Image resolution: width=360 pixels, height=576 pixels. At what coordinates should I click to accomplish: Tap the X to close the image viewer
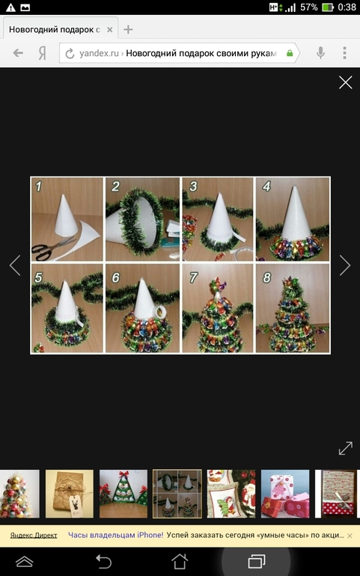click(x=345, y=82)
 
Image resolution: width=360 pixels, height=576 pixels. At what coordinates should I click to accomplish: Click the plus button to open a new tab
click(x=128, y=29)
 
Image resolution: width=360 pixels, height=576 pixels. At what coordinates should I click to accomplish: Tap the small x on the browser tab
click(x=109, y=30)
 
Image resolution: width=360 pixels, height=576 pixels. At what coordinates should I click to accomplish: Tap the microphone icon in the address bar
click(x=320, y=53)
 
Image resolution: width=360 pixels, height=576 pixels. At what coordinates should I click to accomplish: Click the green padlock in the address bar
click(x=290, y=53)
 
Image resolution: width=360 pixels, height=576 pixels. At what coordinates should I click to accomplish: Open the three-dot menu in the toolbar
click(x=344, y=53)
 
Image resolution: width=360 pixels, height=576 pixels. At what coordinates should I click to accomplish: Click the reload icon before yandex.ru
click(x=70, y=54)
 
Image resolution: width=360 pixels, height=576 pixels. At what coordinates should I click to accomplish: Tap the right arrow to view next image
click(x=345, y=265)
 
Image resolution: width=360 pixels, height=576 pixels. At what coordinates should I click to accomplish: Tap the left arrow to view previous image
click(x=15, y=265)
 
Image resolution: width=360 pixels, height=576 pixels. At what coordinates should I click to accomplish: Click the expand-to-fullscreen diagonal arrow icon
click(x=345, y=449)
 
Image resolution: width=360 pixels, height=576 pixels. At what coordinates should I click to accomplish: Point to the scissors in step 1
click(x=52, y=248)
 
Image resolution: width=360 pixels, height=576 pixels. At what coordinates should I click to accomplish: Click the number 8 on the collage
click(x=266, y=278)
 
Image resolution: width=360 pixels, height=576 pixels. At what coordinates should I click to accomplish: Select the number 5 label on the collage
click(x=38, y=278)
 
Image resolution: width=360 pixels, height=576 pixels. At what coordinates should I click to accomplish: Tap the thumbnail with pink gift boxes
click(x=285, y=494)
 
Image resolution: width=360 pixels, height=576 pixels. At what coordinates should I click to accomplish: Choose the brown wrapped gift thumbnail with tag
click(x=70, y=494)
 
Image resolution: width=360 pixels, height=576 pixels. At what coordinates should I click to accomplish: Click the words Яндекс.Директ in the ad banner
click(x=34, y=535)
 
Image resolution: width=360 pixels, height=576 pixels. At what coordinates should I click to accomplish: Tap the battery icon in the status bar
click(x=327, y=7)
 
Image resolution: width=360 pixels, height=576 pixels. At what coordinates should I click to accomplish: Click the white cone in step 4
click(x=296, y=215)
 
